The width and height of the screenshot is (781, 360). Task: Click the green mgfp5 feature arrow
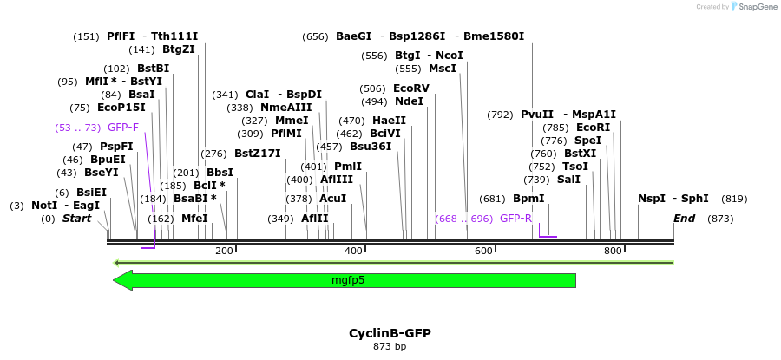[347, 280]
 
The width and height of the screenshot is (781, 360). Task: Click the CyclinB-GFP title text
[390, 333]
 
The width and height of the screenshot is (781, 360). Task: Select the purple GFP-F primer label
[123, 128]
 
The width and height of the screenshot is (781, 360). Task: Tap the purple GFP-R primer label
[515, 219]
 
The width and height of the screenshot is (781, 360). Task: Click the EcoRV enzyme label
[411, 88]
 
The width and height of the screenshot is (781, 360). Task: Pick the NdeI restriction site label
[409, 101]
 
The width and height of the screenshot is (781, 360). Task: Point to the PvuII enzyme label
[536, 114]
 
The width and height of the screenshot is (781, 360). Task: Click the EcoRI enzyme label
[594, 127]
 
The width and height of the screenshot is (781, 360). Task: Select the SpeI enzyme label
[588, 140]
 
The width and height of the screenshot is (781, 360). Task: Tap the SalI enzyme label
[568, 179]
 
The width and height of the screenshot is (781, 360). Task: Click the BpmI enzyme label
[528, 198]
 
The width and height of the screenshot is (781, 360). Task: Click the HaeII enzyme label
[389, 121]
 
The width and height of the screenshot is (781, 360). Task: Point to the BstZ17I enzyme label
[258, 154]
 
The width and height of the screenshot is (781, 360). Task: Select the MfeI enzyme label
[194, 219]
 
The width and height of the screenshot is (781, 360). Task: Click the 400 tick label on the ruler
[353, 251]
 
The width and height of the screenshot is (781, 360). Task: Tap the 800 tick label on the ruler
[613, 251]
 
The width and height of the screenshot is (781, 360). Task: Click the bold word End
[684, 219]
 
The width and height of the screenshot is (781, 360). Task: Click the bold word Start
[76, 219]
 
